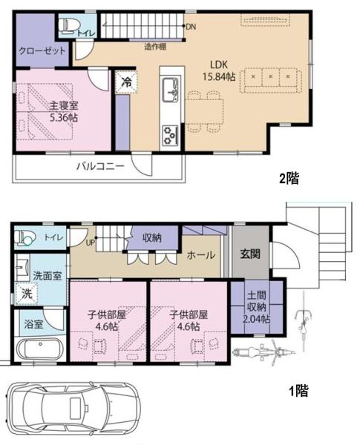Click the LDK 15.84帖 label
[219, 70]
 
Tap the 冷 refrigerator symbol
[126, 82]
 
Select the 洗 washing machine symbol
[27, 294]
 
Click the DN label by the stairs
[191, 27]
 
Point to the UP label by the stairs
[91, 243]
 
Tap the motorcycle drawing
[264, 352]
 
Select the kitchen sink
[171, 90]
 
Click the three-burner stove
[170, 135]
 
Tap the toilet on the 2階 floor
[67, 26]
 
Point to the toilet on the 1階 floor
[25, 237]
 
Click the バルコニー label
[100, 165]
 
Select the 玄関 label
[250, 254]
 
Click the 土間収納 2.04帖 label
[256, 307]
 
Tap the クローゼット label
[42, 51]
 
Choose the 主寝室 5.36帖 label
[64, 111]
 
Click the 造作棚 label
[155, 47]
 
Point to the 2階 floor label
[289, 178]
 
